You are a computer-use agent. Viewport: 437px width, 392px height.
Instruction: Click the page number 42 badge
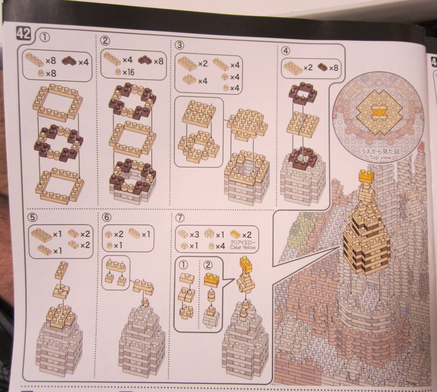23,34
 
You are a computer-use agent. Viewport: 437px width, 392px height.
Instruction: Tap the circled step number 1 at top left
45,37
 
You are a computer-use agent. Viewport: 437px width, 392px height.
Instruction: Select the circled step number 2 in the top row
105,41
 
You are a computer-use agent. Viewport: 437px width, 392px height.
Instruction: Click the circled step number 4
286,50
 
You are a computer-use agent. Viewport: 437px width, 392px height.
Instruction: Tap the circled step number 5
33,217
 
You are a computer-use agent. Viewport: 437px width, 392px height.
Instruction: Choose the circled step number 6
107,217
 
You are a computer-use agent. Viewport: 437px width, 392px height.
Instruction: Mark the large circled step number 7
181,217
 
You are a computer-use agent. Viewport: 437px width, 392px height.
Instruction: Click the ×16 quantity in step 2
128,73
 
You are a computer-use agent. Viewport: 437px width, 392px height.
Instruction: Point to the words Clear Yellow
242,247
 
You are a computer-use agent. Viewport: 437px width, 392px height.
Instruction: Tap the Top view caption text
380,158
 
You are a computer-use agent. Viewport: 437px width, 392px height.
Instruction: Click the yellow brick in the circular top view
379,112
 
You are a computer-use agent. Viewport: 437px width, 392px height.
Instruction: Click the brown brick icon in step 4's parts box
323,67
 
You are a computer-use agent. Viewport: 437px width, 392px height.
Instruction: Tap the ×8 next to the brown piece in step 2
158,61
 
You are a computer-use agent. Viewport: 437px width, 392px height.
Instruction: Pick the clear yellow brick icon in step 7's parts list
236,234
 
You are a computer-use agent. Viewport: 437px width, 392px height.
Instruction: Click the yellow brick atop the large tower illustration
366,176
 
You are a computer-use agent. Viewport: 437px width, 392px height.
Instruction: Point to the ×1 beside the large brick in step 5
57,234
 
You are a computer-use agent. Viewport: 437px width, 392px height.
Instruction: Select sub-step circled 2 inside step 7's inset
208,264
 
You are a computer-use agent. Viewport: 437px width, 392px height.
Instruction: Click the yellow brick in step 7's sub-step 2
211,279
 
